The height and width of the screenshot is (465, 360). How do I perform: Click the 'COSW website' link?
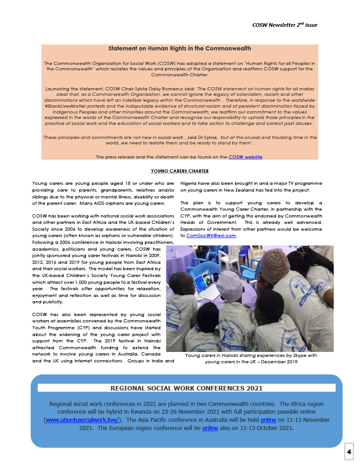245,157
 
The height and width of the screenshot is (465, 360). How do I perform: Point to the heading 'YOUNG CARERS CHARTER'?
180,171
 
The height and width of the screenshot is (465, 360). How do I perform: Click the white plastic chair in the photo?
229,258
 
